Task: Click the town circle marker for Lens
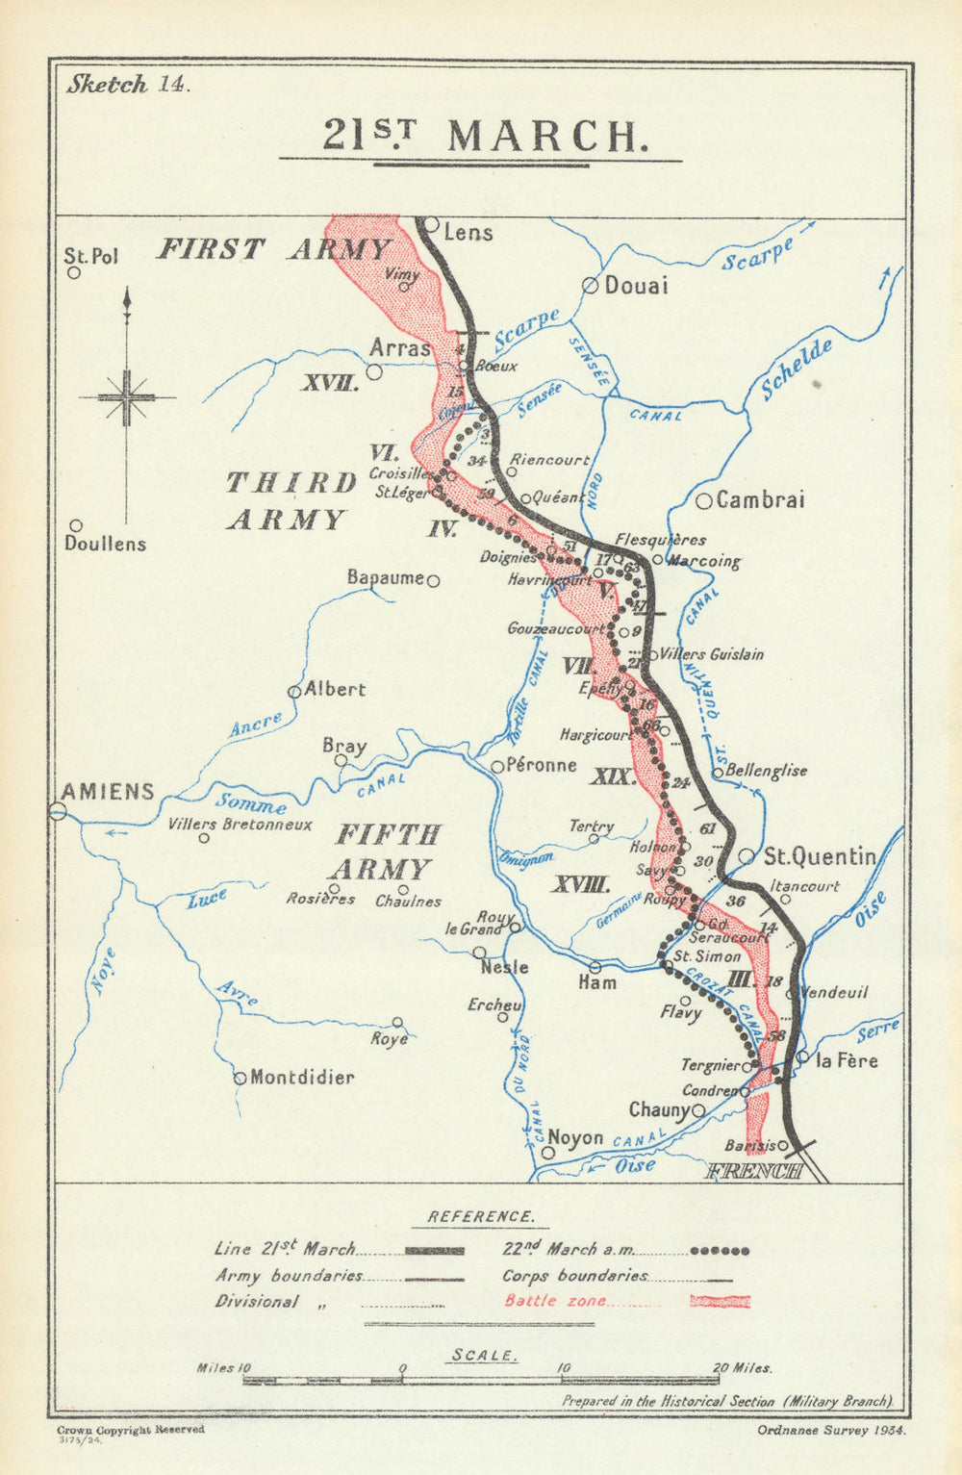coord(431,226)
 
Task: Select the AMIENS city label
coord(107,791)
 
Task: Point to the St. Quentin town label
coord(820,856)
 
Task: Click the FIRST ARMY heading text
coord(273,249)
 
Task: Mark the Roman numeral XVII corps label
coord(330,384)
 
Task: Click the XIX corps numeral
coord(612,776)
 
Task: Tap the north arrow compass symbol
coord(126,397)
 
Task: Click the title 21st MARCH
coord(481,137)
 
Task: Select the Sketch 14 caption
coord(128,84)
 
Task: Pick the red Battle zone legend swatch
coord(721,1302)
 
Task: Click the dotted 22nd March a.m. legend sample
coord(720,1251)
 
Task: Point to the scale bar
coord(481,1380)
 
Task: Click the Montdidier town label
coord(301,1078)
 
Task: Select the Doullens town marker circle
coord(76,526)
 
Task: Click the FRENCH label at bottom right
coord(754,1171)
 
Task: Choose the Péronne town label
coord(542,766)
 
